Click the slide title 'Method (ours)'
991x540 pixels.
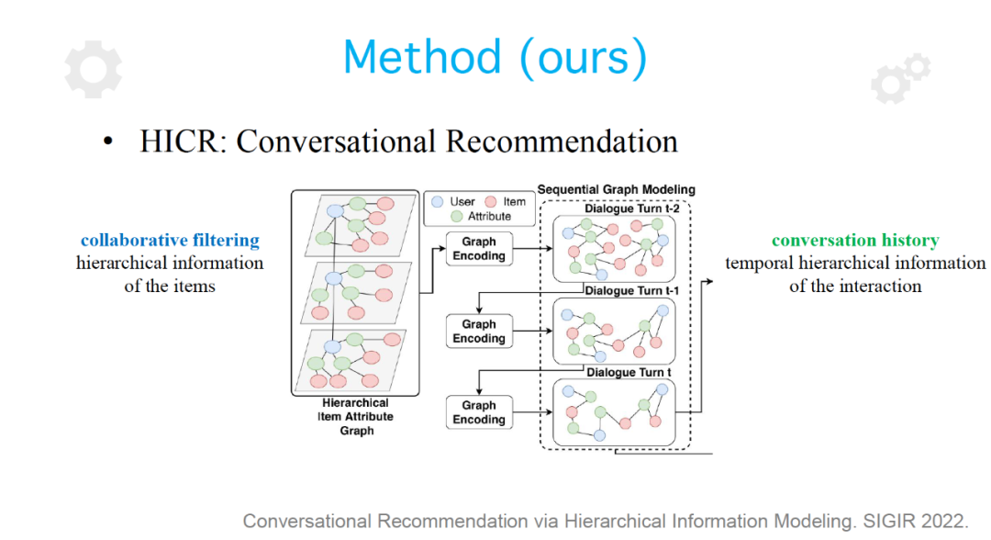click(x=495, y=58)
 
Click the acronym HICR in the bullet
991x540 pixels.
click(x=179, y=141)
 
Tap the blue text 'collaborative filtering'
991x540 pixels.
click(x=170, y=241)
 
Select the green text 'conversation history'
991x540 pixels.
click(x=855, y=241)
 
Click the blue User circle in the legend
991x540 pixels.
click(x=438, y=202)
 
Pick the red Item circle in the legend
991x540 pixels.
click(x=490, y=202)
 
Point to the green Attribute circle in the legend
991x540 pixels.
click(x=457, y=216)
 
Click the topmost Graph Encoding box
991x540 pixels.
click(x=479, y=249)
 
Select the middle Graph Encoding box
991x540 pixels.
click(x=479, y=332)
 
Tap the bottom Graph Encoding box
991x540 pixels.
click(x=479, y=412)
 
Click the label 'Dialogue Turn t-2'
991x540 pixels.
click(x=631, y=208)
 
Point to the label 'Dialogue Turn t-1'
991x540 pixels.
click(x=631, y=291)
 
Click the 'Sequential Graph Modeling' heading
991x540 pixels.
click(x=617, y=190)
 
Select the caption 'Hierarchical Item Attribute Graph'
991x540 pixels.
click(x=356, y=417)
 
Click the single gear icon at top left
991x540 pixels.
click(x=93, y=70)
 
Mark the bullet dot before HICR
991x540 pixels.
click(x=108, y=141)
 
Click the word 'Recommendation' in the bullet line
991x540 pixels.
click(x=562, y=141)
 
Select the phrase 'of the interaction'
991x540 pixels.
click(x=855, y=287)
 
